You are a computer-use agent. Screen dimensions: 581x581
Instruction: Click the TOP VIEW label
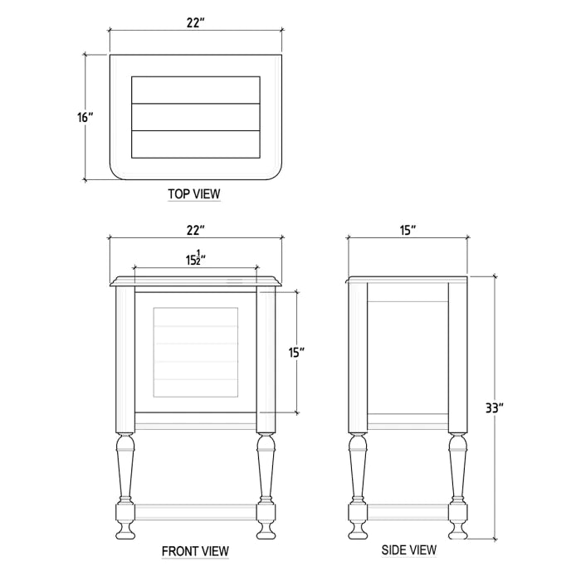pyautogui.click(x=194, y=194)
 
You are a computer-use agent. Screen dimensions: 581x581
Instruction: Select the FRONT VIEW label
pyautogui.click(x=195, y=550)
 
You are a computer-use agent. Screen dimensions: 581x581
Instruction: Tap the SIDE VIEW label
pyautogui.click(x=408, y=549)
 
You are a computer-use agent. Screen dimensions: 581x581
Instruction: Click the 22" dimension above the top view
pyautogui.click(x=195, y=23)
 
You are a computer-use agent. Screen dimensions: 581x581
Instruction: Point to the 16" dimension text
pyautogui.click(x=85, y=117)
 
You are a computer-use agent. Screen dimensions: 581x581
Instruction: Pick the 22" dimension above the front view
pyautogui.click(x=195, y=230)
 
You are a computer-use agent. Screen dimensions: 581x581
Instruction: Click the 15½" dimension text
pyautogui.click(x=196, y=258)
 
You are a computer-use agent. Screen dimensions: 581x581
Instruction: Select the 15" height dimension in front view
pyautogui.click(x=296, y=352)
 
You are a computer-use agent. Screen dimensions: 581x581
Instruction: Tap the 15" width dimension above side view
pyautogui.click(x=407, y=230)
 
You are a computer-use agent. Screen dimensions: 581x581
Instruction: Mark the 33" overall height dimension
pyautogui.click(x=496, y=408)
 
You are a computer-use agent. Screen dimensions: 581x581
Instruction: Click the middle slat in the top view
pyautogui.click(x=196, y=117)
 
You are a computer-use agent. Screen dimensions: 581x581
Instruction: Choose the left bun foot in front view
pyautogui.click(x=124, y=529)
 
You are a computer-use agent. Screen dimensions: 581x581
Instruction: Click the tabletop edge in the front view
pyautogui.click(x=196, y=281)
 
